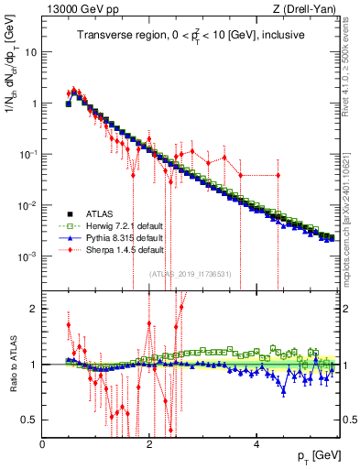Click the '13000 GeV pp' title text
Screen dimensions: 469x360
pyautogui.click(x=76, y=8)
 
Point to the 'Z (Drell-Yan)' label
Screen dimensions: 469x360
pyautogui.click(x=309, y=8)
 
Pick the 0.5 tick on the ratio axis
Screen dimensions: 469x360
pyautogui.click(x=29, y=420)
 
